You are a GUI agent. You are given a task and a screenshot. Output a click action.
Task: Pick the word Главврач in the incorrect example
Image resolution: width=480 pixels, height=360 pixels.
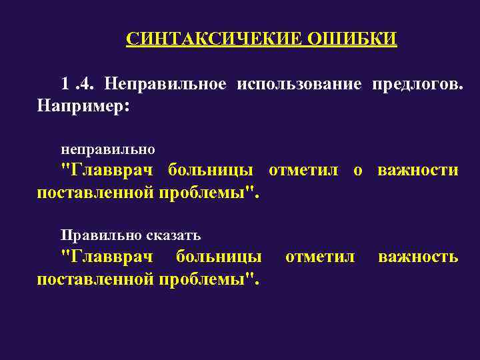106,170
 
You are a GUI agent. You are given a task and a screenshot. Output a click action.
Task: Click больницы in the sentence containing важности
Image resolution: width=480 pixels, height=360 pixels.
210,170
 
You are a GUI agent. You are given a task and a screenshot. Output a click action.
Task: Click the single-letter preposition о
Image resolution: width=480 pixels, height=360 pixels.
358,171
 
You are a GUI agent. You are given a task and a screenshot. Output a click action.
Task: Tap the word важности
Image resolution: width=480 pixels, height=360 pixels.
418,170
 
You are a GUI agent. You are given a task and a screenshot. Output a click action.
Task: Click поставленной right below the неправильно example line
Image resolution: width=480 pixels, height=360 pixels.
95,193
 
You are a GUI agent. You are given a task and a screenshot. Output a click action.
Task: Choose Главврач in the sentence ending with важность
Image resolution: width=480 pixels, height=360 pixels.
106,257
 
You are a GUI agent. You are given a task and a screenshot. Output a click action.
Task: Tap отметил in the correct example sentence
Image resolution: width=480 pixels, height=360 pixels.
320,257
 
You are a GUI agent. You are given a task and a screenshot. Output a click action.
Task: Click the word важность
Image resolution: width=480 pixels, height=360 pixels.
418,257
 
